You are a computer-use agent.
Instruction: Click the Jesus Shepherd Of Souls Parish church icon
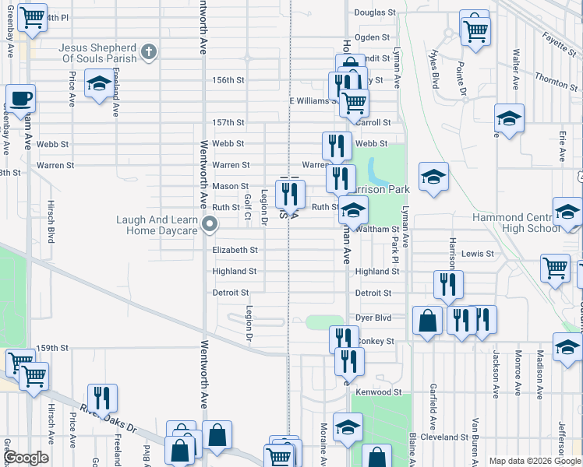[150, 54]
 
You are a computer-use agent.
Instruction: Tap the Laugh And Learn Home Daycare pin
[210, 226]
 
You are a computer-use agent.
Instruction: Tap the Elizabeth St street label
[235, 250]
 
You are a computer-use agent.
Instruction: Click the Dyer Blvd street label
[373, 318]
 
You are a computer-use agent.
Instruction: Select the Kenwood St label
[378, 392]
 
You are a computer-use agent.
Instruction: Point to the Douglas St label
[375, 13]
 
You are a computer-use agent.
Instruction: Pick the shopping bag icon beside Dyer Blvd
[428, 321]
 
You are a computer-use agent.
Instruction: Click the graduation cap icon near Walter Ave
[509, 119]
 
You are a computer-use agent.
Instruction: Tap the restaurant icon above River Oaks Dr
[101, 398]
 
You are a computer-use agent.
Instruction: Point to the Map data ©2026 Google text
[535, 461]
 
